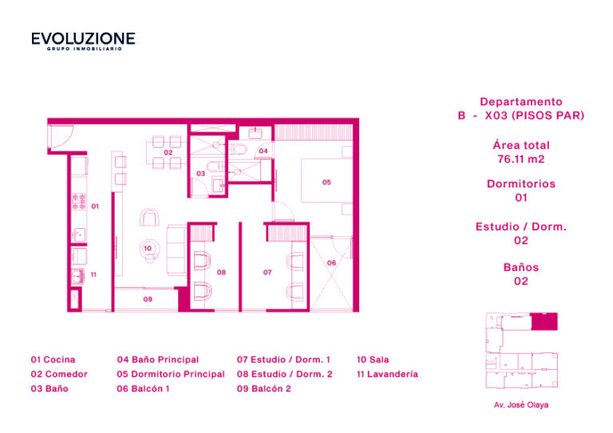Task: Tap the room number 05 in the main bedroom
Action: click(326, 183)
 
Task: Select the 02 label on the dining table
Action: click(168, 152)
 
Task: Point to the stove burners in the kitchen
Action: click(79, 202)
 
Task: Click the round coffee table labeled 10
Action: click(149, 248)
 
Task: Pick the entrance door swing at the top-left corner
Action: click(61, 136)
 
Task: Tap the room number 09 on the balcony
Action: click(148, 300)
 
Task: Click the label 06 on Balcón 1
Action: click(331, 263)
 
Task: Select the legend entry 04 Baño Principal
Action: click(158, 360)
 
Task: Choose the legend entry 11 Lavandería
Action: click(387, 374)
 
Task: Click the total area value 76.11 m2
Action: click(521, 159)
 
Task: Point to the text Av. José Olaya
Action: click(521, 405)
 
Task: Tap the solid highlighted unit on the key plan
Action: click(544, 321)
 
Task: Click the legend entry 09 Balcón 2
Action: click(264, 388)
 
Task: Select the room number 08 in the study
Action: click(221, 273)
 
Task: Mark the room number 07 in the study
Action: click(267, 273)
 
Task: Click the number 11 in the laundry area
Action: click(93, 274)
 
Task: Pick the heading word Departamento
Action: click(521, 102)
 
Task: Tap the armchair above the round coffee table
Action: click(149, 218)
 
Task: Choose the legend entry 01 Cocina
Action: click(53, 360)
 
